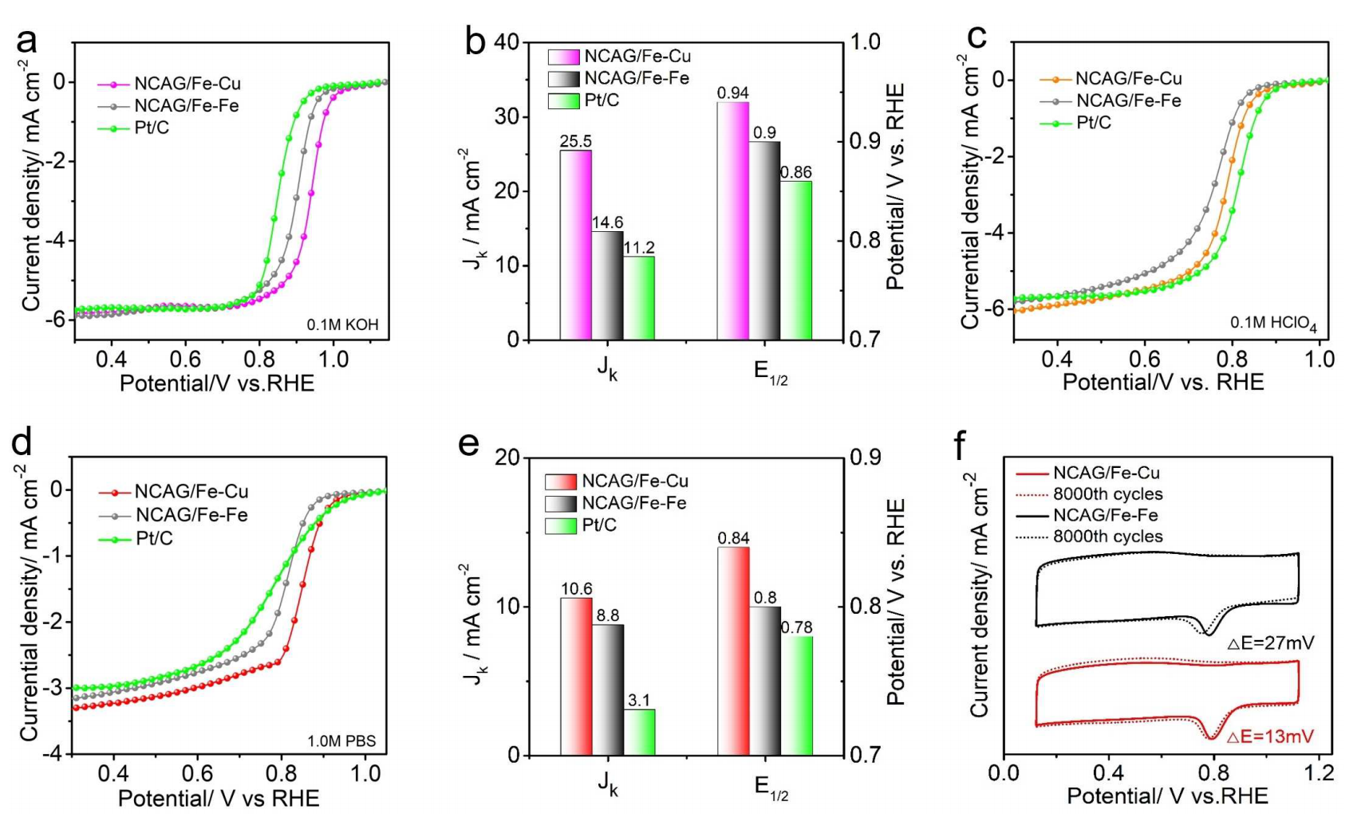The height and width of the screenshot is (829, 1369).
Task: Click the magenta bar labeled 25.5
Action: click(x=575, y=245)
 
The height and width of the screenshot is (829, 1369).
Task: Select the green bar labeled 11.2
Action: click(x=639, y=298)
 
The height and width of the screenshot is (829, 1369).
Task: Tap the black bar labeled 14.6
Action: click(x=607, y=285)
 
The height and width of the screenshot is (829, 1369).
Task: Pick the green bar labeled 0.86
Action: click(x=796, y=261)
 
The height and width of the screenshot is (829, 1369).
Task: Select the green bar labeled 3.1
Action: click(x=639, y=732)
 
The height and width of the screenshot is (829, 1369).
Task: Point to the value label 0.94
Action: click(x=732, y=93)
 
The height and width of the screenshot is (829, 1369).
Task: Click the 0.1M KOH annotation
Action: click(x=342, y=324)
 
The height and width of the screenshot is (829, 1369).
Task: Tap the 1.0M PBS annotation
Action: click(x=341, y=741)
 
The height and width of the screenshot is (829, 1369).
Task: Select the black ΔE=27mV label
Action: click(x=1270, y=642)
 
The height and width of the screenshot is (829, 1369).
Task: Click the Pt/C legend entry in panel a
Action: click(x=152, y=128)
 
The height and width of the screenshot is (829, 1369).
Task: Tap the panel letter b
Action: click(x=475, y=41)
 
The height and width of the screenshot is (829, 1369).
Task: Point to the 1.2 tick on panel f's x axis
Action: click(x=1319, y=772)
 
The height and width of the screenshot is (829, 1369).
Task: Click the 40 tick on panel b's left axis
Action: click(x=507, y=41)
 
